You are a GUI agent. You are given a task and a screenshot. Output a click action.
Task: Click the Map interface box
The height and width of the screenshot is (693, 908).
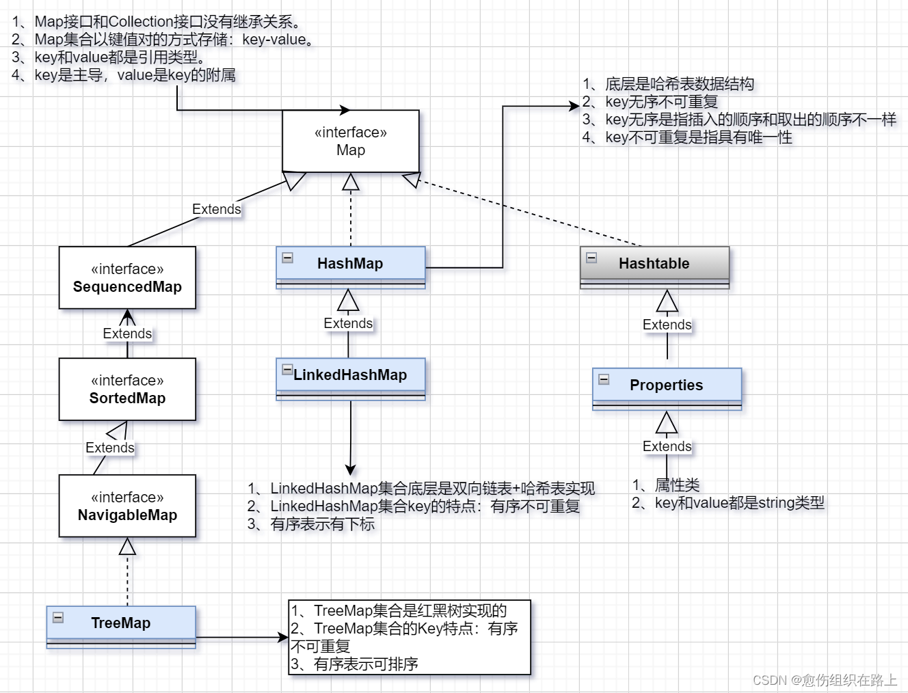pyautogui.click(x=351, y=141)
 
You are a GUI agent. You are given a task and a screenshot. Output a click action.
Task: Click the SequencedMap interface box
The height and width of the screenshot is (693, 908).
pyautogui.click(x=127, y=278)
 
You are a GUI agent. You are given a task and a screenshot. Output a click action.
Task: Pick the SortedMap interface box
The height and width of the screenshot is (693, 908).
pyautogui.click(x=127, y=390)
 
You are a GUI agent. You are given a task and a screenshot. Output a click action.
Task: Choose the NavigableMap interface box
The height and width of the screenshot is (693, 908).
pyautogui.click(x=127, y=506)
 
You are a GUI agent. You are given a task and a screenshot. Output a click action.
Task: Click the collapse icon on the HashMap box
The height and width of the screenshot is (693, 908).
pyautogui.click(x=288, y=258)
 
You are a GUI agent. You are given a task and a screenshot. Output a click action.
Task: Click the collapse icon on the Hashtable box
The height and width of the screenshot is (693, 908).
pyautogui.click(x=591, y=258)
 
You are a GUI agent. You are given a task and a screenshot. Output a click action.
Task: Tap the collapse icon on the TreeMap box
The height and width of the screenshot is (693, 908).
pyautogui.click(x=58, y=617)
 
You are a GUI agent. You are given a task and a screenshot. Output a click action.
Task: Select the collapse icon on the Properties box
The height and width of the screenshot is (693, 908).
pyautogui.click(x=604, y=379)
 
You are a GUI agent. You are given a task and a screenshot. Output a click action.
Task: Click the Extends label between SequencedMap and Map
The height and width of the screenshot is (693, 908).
pyautogui.click(x=216, y=209)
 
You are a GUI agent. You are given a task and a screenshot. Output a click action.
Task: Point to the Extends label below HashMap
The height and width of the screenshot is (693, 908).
pyautogui.click(x=348, y=323)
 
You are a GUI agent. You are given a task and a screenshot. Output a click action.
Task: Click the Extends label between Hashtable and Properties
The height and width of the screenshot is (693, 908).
pyautogui.click(x=667, y=325)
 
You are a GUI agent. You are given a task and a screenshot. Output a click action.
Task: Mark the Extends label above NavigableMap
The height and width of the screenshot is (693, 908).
pyautogui.click(x=109, y=448)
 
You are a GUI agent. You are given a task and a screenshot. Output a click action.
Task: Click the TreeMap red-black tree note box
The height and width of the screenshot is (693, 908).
pyautogui.click(x=410, y=638)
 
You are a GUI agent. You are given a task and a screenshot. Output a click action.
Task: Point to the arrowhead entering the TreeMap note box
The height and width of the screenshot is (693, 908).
pyautogui.click(x=284, y=638)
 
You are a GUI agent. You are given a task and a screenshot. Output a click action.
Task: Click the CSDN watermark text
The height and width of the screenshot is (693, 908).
pyautogui.click(x=825, y=680)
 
